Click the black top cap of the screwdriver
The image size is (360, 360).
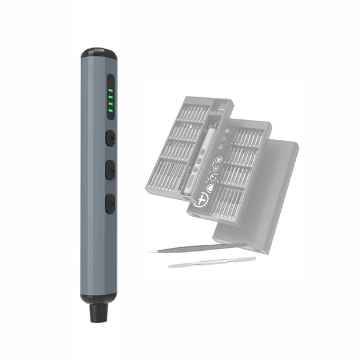(100, 53)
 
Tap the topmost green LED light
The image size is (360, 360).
(110, 91)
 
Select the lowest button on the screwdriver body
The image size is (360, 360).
(110, 203)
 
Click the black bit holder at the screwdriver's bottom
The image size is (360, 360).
(98, 313)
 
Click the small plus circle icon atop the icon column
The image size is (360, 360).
(227, 130)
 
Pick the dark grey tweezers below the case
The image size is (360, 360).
(198, 247)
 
